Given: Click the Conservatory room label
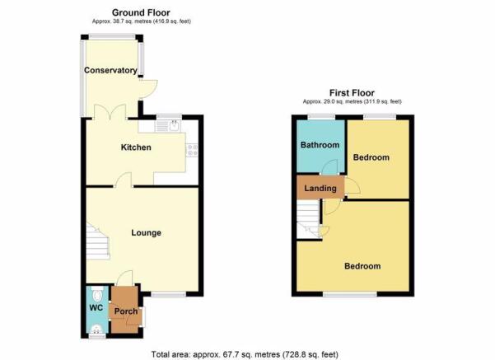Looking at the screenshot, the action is [110, 70].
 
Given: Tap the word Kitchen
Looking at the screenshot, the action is [136, 147].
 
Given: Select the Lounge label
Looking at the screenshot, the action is [146, 233].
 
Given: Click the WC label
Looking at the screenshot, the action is [96, 307].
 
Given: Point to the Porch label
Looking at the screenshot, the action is [126, 311].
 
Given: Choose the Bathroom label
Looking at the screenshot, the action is [320, 145].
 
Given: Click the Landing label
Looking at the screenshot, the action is [320, 188].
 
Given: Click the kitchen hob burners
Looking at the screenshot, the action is [192, 150].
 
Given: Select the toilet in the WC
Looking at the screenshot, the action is [97, 294].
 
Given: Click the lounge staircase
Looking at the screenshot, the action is [97, 241].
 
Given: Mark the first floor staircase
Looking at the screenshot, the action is [309, 219].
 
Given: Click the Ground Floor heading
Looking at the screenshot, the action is [141, 12].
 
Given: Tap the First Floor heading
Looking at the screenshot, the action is [352, 93].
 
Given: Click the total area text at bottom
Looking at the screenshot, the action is [245, 354].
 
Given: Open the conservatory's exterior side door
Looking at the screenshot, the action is [147, 89].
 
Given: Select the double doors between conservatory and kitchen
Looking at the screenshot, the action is [110, 112].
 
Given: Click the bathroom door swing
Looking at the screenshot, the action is [330, 166].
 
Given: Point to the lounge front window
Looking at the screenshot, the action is [169, 295].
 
